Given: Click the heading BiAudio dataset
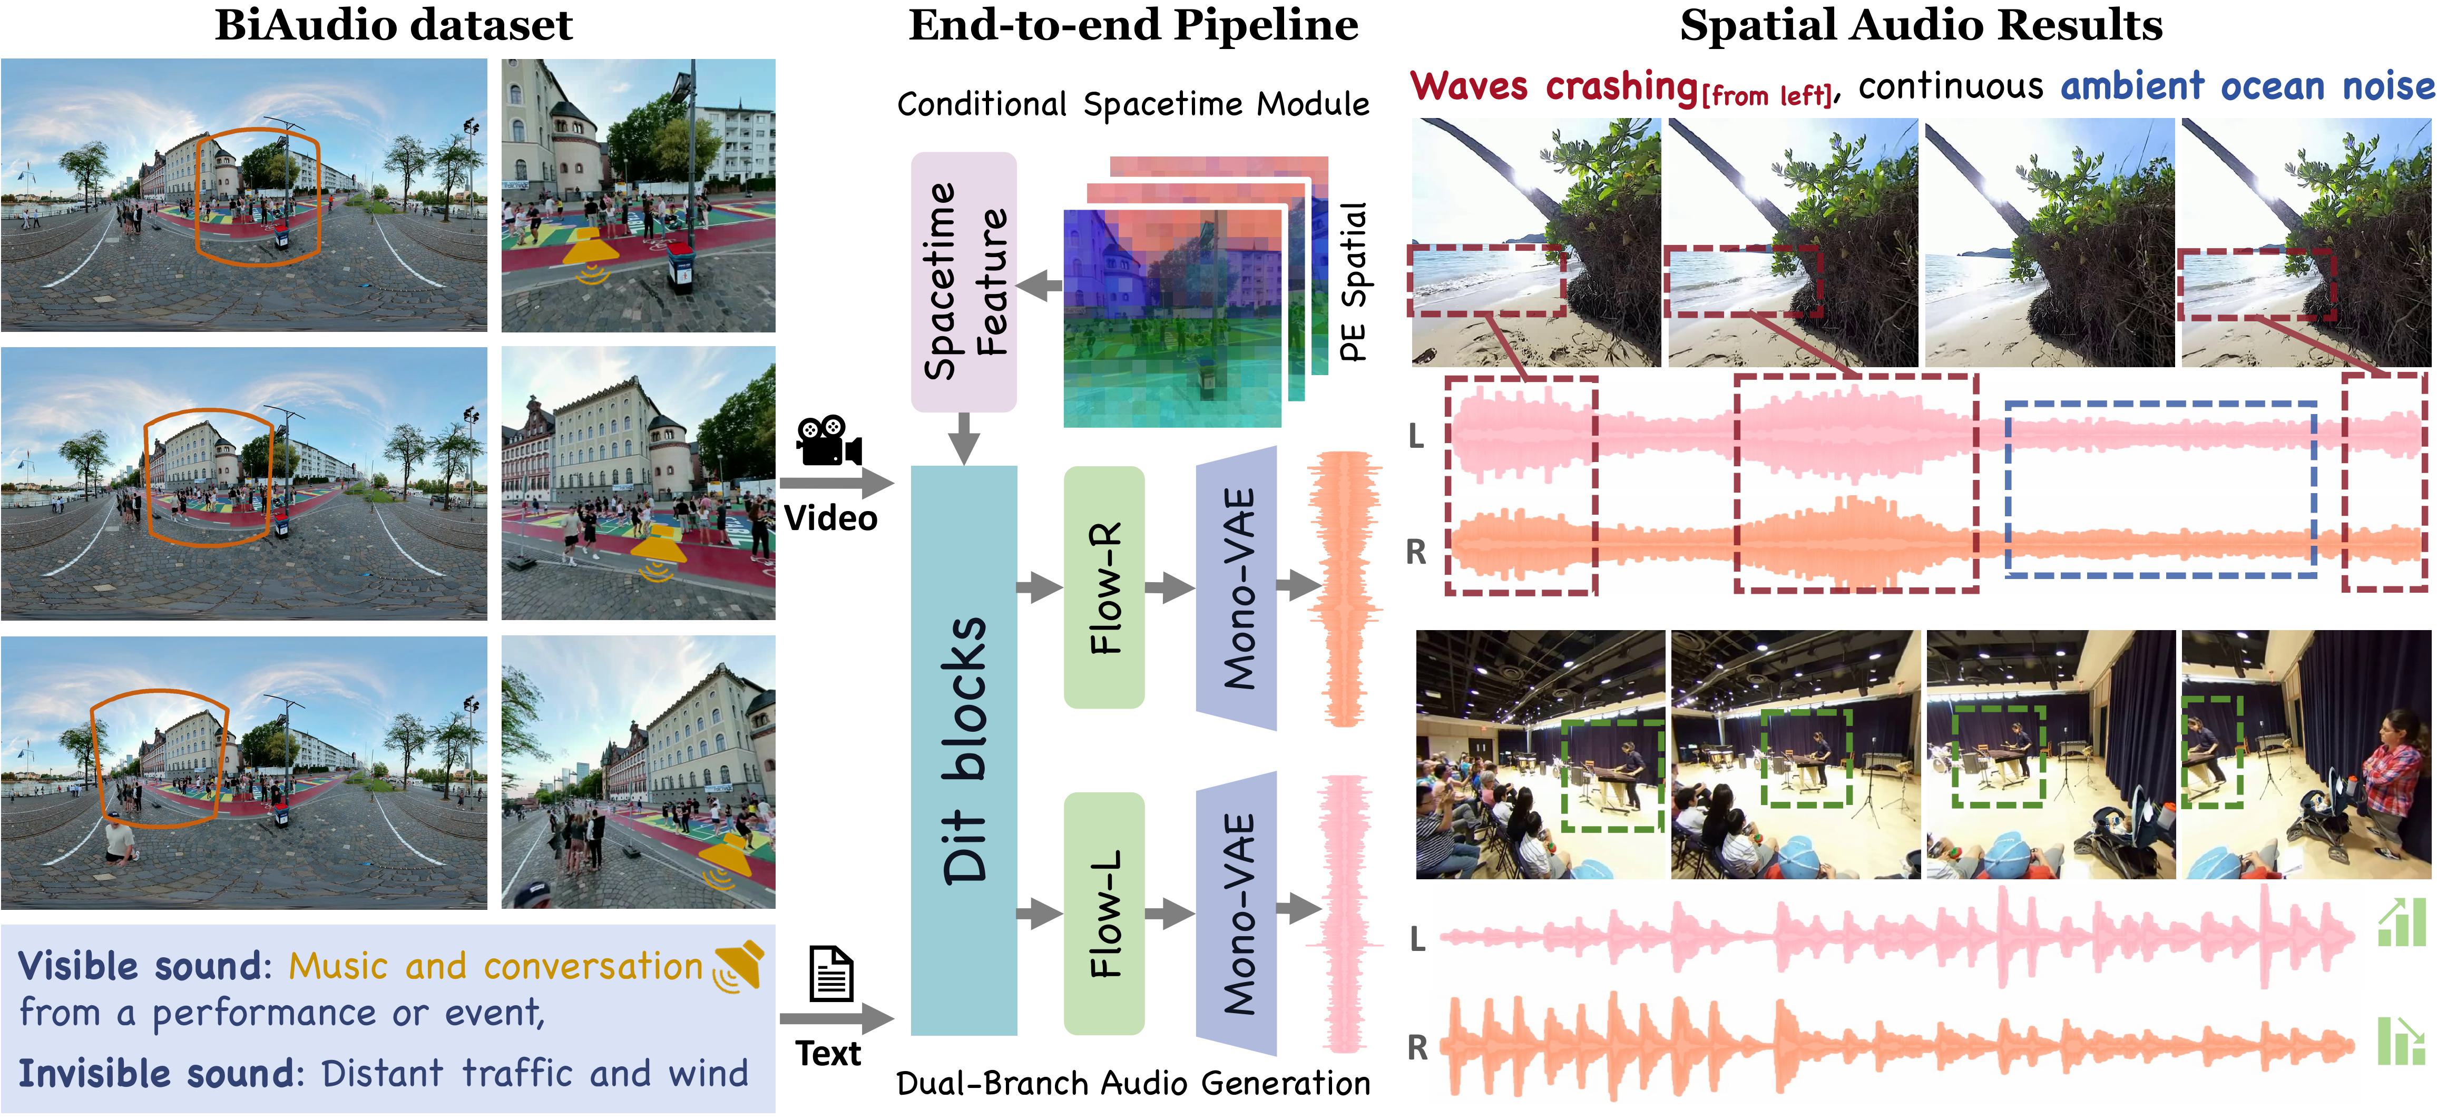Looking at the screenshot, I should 394,25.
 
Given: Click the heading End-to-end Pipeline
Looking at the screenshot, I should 1133,25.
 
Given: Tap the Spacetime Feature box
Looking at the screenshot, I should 963,282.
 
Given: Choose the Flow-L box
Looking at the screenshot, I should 1104,913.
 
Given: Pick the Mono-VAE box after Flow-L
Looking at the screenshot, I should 1237,913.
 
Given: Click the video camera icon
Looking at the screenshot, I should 829,441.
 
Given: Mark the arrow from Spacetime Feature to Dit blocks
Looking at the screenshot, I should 963,438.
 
